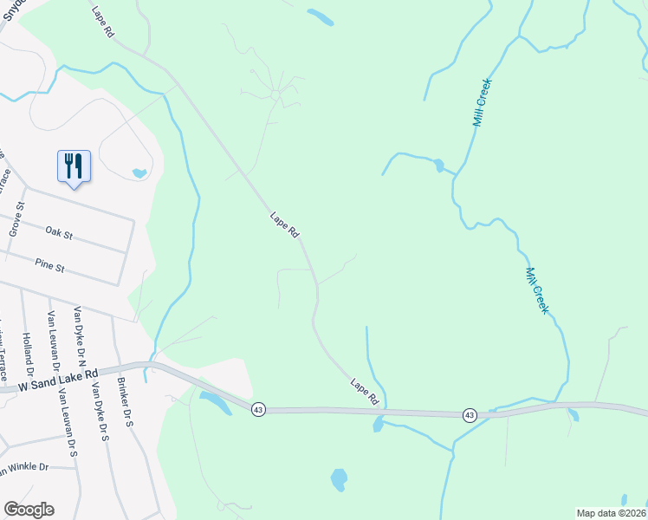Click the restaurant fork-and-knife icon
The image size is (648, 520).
[x=73, y=165]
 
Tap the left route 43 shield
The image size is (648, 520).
[x=257, y=409]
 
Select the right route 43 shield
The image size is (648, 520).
[x=469, y=415]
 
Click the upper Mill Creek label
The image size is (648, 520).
[x=483, y=103]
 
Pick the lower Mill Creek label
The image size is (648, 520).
[x=537, y=289]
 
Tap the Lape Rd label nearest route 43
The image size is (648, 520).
[x=365, y=391]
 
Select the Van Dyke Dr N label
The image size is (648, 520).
[x=81, y=333]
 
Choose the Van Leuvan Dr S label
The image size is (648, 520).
[x=67, y=423]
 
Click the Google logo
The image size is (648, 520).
[x=29, y=510]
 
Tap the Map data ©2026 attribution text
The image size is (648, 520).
[x=611, y=513]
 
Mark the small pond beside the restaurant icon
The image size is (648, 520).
[x=139, y=173]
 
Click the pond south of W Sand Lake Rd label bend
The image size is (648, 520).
[x=214, y=401]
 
